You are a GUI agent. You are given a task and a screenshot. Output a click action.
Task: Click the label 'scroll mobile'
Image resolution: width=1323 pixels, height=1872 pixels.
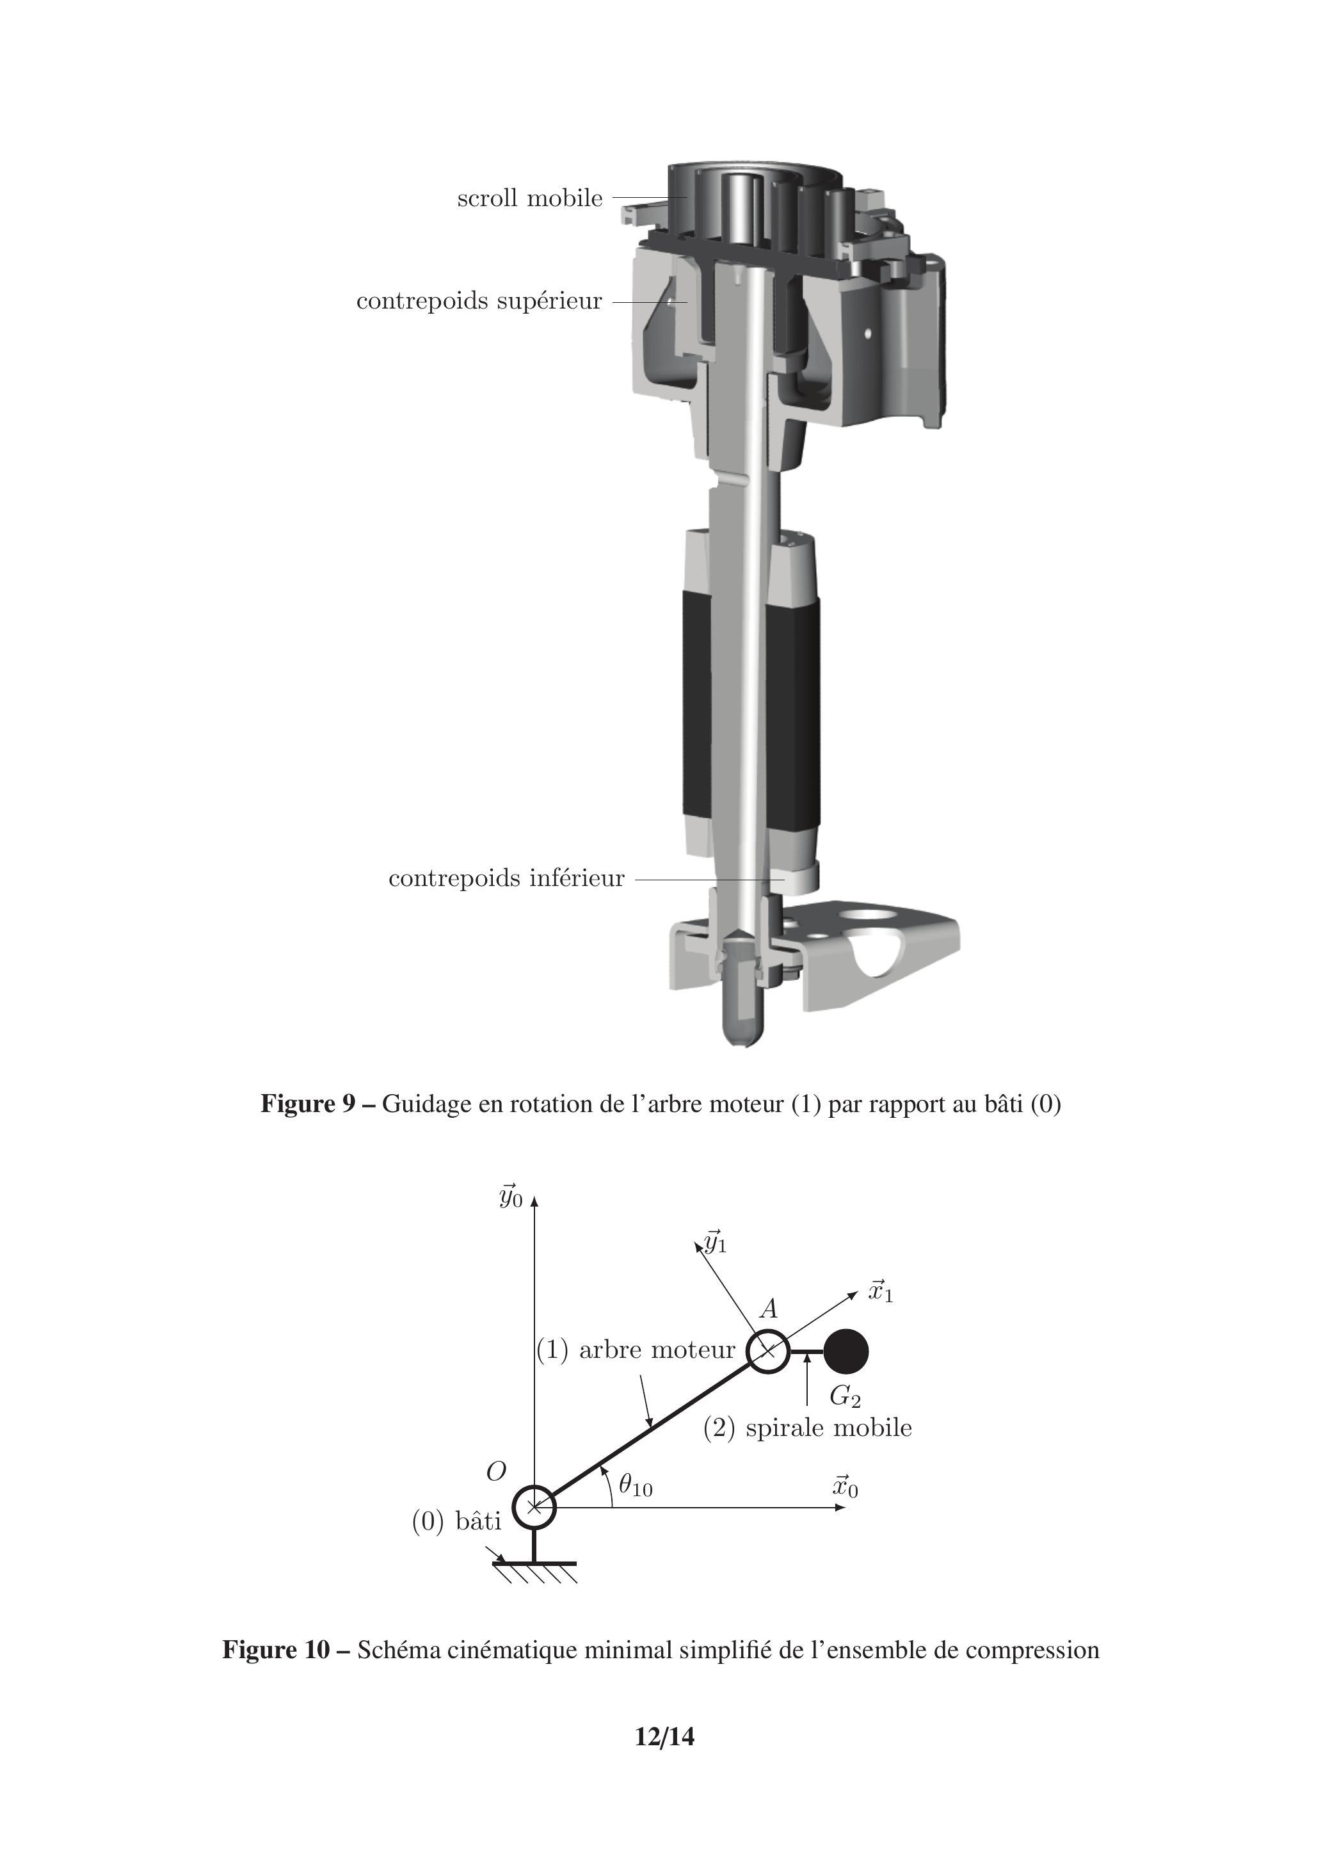pos(530,198)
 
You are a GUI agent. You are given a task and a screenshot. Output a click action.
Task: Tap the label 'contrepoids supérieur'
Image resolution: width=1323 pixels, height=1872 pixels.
pos(479,301)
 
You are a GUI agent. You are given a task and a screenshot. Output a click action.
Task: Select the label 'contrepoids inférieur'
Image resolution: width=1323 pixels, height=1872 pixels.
pos(506,878)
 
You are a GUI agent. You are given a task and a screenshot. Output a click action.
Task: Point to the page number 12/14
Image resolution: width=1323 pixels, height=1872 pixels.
pos(664,1737)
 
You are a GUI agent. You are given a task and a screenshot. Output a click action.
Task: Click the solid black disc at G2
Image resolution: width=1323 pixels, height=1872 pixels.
pos(846,1351)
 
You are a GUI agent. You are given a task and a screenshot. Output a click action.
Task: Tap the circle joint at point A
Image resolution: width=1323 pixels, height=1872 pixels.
pos(767,1351)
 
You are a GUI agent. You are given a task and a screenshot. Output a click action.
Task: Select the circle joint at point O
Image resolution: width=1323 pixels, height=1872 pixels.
pos(534,1506)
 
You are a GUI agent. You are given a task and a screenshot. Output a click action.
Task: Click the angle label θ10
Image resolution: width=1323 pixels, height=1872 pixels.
pos(635,1485)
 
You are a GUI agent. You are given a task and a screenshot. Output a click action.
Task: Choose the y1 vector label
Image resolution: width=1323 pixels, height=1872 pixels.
pos(716,1243)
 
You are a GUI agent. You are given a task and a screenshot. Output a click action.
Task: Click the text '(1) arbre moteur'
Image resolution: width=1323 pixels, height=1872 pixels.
pos(636,1350)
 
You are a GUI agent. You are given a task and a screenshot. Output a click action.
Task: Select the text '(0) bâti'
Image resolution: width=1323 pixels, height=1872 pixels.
pos(456,1521)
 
